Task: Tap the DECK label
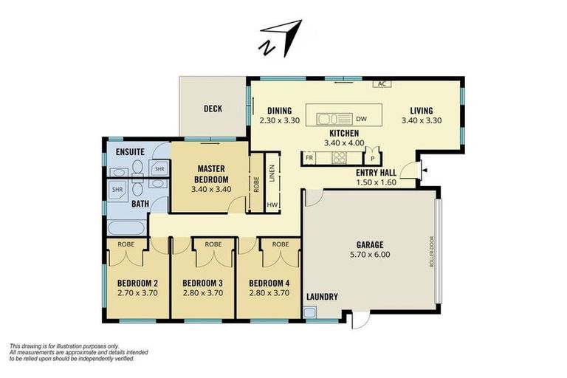click(x=213, y=109)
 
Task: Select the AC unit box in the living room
click(x=382, y=83)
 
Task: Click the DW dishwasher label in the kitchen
click(x=361, y=119)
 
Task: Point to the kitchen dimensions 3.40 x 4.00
click(x=344, y=142)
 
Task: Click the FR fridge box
click(x=309, y=158)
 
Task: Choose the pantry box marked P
click(x=373, y=158)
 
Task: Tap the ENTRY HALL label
click(x=377, y=172)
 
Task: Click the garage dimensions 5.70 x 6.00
click(x=369, y=255)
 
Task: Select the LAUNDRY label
click(x=322, y=297)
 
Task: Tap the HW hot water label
click(x=272, y=205)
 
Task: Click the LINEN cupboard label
click(x=272, y=173)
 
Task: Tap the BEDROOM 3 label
click(x=202, y=283)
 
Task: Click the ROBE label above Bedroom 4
click(x=280, y=244)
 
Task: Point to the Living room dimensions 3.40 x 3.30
click(x=422, y=120)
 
